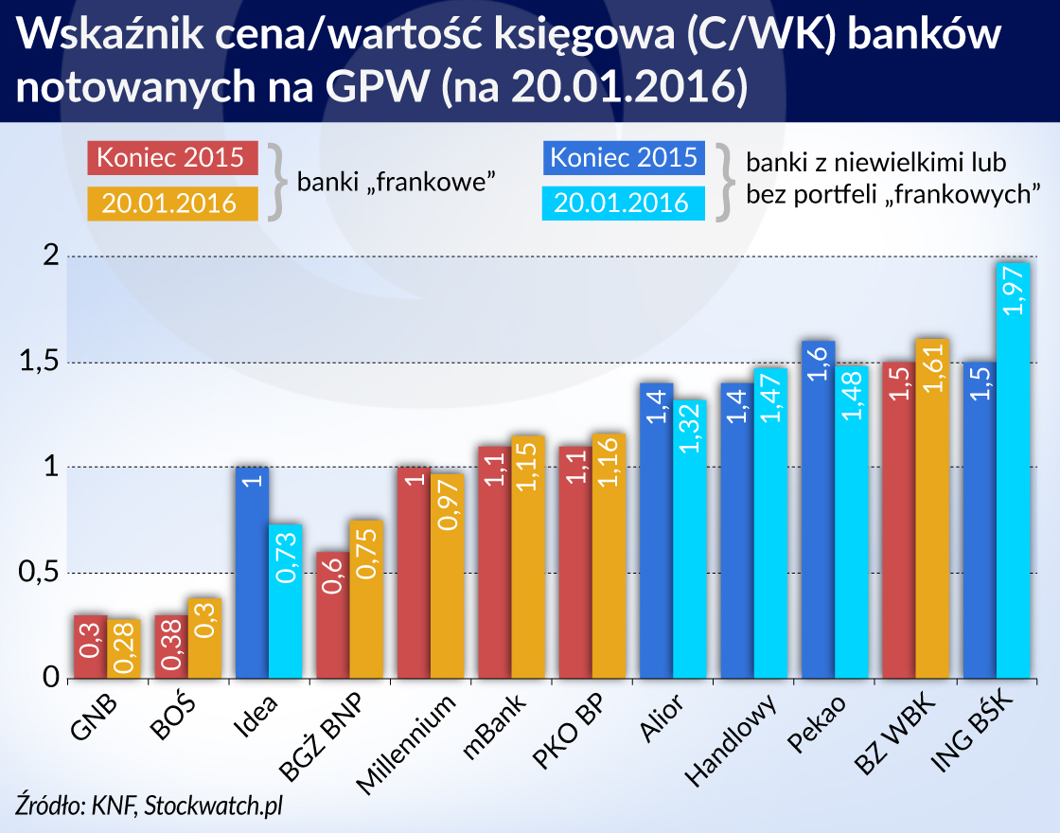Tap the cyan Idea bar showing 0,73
(286, 601)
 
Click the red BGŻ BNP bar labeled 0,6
(332, 615)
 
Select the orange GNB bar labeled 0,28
(124, 649)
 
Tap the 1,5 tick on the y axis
(42, 363)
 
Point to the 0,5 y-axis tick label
(42, 574)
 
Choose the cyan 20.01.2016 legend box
(623, 203)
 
